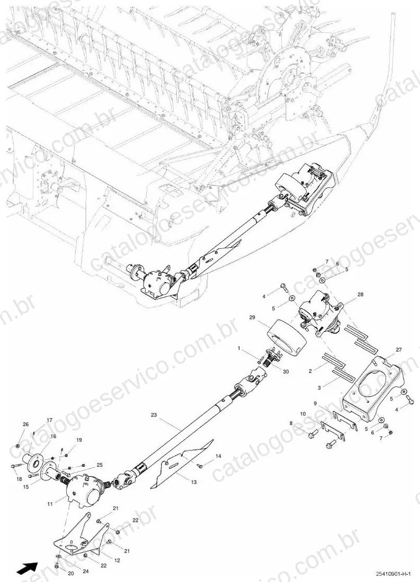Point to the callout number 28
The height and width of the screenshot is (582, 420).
(360, 294)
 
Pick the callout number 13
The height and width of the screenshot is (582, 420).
(194, 482)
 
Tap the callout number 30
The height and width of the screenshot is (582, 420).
(285, 371)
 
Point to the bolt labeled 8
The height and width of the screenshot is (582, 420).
(312, 433)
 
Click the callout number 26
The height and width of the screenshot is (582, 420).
(25, 424)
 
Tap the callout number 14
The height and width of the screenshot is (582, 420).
(218, 456)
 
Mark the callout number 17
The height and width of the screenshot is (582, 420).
(49, 420)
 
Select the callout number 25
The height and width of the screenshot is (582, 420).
(100, 465)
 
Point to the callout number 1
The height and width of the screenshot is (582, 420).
(240, 349)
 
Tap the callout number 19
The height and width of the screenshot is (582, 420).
(79, 440)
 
